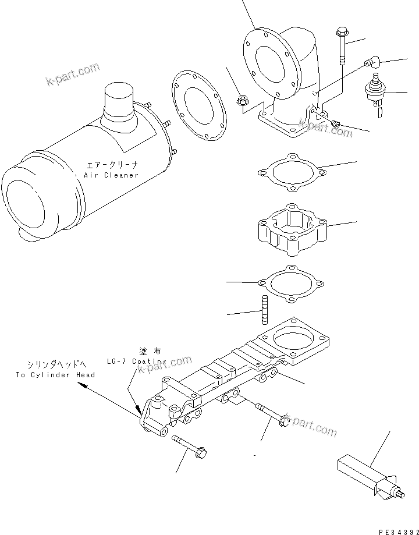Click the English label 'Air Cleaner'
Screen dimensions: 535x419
click(x=111, y=175)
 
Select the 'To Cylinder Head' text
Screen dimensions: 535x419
click(x=55, y=375)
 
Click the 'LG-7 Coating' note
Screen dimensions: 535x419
click(x=133, y=361)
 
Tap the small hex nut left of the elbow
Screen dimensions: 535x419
click(x=243, y=101)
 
